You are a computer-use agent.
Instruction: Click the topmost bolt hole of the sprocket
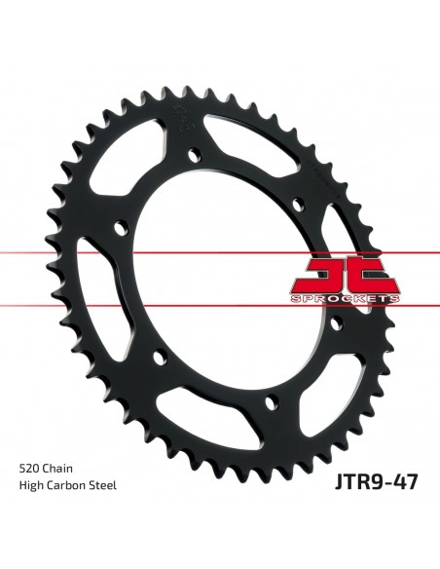tap(195, 154)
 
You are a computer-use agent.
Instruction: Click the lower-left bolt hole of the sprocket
tap(160, 360)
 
